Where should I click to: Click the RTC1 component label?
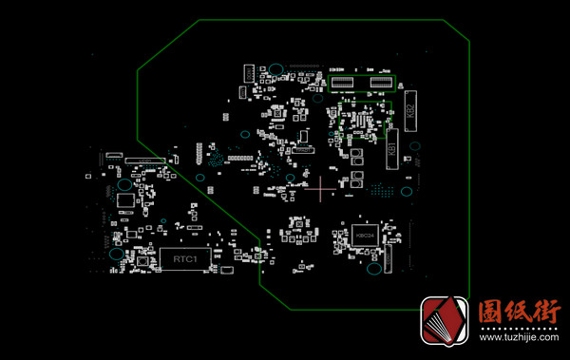185,258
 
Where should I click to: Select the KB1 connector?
391,149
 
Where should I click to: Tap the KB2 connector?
410,110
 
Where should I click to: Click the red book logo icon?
446,322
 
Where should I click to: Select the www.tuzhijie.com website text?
519,336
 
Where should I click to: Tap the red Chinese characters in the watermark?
519,311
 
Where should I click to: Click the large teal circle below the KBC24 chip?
373,267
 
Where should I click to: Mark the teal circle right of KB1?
414,145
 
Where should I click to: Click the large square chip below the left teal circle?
124,200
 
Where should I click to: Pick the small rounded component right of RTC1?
227,271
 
